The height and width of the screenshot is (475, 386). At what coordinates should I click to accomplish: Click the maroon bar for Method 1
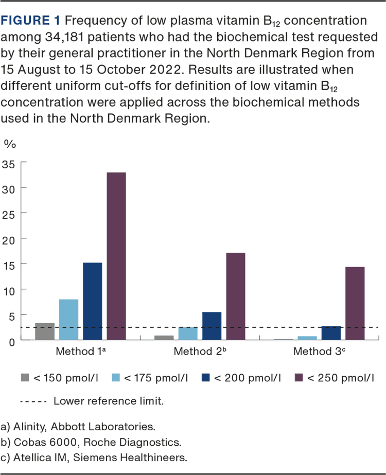[116, 256]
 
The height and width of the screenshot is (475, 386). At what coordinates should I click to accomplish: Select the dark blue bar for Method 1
[93, 301]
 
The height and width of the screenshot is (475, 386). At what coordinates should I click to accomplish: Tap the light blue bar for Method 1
[68, 319]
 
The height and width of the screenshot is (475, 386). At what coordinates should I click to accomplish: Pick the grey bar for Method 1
[44, 331]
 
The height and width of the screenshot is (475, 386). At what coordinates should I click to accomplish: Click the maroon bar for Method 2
[235, 296]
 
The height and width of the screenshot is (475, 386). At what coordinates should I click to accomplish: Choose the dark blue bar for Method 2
[212, 326]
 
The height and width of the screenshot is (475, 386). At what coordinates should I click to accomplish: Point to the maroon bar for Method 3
[355, 303]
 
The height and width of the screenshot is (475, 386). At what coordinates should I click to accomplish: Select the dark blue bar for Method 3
[331, 333]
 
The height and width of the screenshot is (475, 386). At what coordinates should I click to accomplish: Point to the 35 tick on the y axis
[11, 164]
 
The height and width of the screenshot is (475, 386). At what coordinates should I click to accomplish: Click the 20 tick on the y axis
[11, 239]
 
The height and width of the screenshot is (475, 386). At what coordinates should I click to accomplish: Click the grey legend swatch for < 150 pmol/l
[24, 378]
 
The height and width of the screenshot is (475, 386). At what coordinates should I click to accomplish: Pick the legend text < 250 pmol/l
[340, 378]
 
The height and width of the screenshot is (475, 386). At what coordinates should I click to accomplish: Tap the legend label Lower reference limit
[109, 400]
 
